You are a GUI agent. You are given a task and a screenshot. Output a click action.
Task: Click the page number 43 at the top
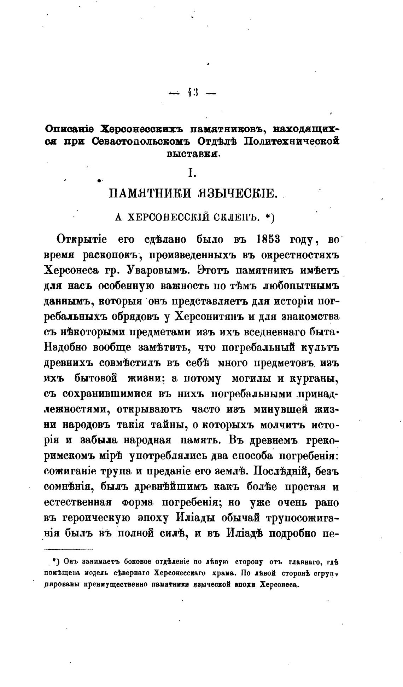tap(192, 93)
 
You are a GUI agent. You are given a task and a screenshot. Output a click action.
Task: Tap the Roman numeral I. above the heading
tap(192, 173)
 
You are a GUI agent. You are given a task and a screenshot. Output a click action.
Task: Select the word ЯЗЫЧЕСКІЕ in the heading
tap(236, 194)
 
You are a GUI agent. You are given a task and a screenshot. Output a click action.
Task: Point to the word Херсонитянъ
tap(210, 317)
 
